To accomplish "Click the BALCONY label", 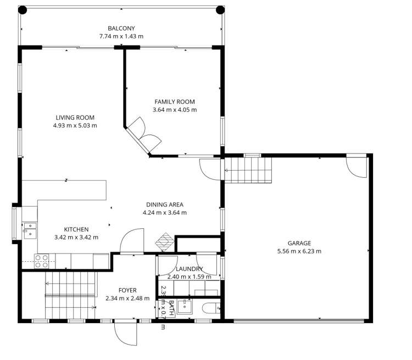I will pyautogui.click(x=121, y=29).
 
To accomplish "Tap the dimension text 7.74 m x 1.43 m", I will pyautogui.click(x=121, y=37).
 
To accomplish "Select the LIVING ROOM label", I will pyautogui.click(x=75, y=117).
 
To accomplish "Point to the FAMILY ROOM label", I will pyautogui.click(x=174, y=102).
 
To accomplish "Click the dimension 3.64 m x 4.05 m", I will pyautogui.click(x=174, y=110).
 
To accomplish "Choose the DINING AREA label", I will pyautogui.click(x=164, y=205).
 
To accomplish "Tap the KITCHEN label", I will pyautogui.click(x=76, y=229).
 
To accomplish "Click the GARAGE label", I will pyautogui.click(x=299, y=243).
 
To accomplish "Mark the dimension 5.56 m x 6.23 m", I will pyautogui.click(x=299, y=251).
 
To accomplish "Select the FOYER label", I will pyautogui.click(x=127, y=290).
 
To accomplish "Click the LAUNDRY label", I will pyautogui.click(x=189, y=269).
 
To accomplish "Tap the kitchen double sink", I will pyautogui.click(x=29, y=229).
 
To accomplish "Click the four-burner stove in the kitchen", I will pyautogui.click(x=42, y=261).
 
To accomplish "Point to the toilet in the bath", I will pyautogui.click(x=210, y=308).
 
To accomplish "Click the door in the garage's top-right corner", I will pyautogui.click(x=356, y=167).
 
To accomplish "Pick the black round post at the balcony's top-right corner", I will pyautogui.click(x=220, y=9).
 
